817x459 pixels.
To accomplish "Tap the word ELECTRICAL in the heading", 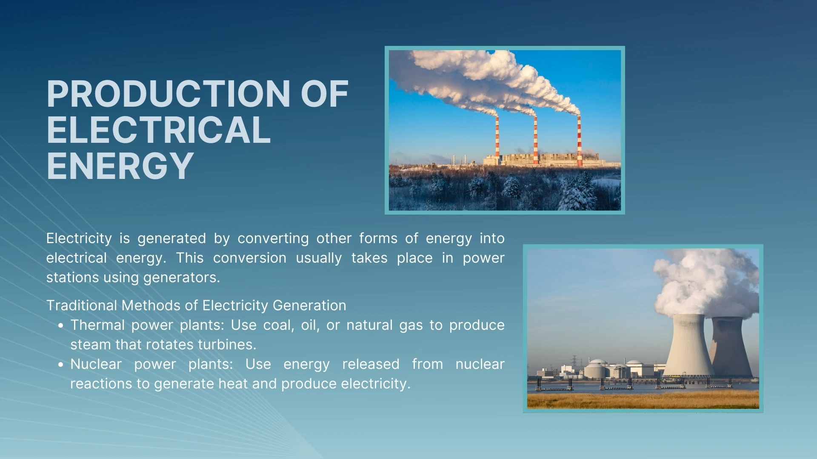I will point(158,130).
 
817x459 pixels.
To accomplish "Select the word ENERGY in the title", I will point(120,166).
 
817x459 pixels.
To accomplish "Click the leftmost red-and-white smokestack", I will point(497,138).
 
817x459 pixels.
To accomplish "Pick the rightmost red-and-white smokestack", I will point(579,140).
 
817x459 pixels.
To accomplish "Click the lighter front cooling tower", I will point(688,346).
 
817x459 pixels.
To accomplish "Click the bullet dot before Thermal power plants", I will point(61,326).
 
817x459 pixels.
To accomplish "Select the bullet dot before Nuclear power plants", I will point(61,365).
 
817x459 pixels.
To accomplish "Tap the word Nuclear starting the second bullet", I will point(96,364).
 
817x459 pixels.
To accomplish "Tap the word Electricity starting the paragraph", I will point(79,238).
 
